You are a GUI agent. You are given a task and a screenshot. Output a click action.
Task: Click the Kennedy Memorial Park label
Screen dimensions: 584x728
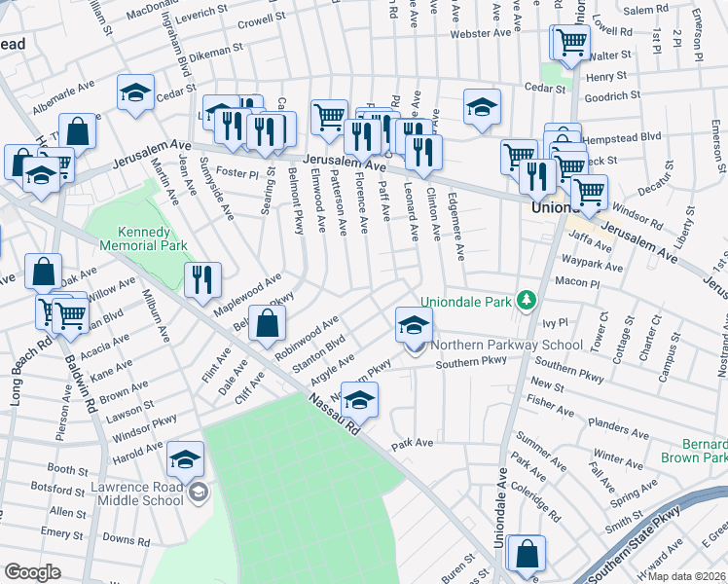152,239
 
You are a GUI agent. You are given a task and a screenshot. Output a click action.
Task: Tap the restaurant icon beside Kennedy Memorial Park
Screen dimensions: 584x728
202,280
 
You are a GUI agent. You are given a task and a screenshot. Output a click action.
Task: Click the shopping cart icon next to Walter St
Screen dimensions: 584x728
570,42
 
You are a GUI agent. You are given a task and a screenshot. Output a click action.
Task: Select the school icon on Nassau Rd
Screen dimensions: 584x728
359,400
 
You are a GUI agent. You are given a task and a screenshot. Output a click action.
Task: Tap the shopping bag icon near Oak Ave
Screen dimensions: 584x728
44,273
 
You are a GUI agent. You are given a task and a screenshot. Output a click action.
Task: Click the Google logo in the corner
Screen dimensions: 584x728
33,572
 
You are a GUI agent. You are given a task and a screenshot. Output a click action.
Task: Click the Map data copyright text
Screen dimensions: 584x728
686,576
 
